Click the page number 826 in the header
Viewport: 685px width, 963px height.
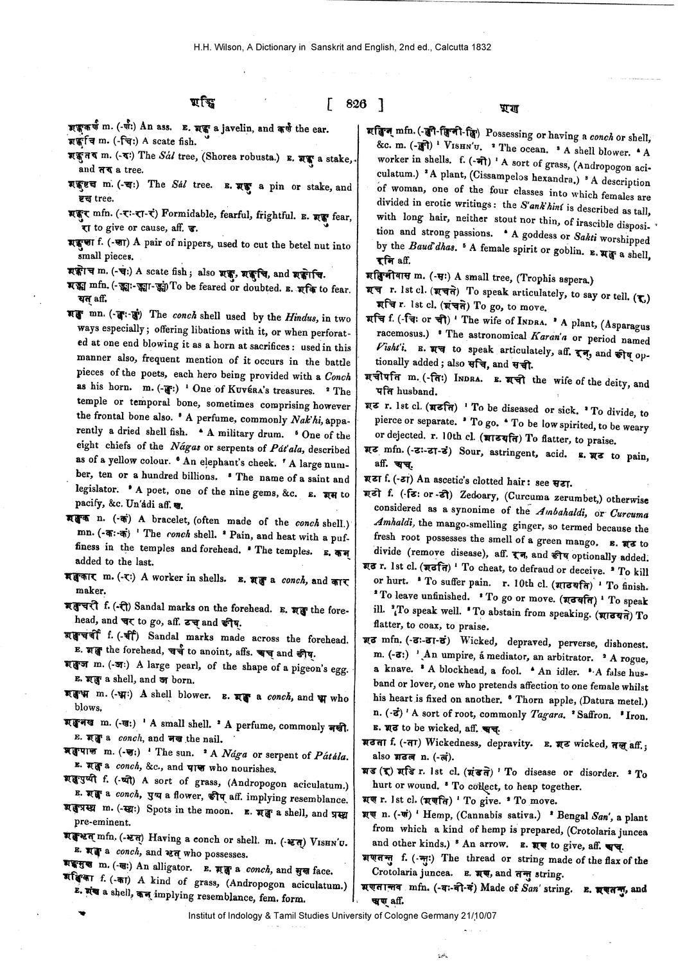[354, 105]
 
